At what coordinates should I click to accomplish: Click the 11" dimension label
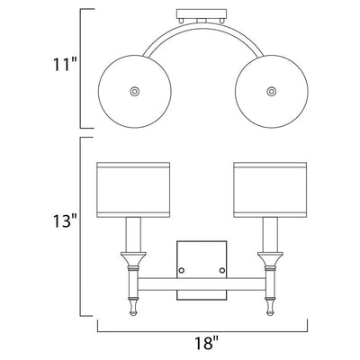[x=65, y=65]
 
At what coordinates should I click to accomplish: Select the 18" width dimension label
[x=206, y=342]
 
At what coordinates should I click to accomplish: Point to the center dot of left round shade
[x=134, y=91]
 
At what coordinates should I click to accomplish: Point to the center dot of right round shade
[x=272, y=91]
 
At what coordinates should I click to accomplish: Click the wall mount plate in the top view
[x=202, y=14]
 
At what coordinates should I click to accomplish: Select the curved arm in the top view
[x=202, y=24]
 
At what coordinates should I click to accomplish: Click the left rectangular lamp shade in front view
[x=133, y=190]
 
